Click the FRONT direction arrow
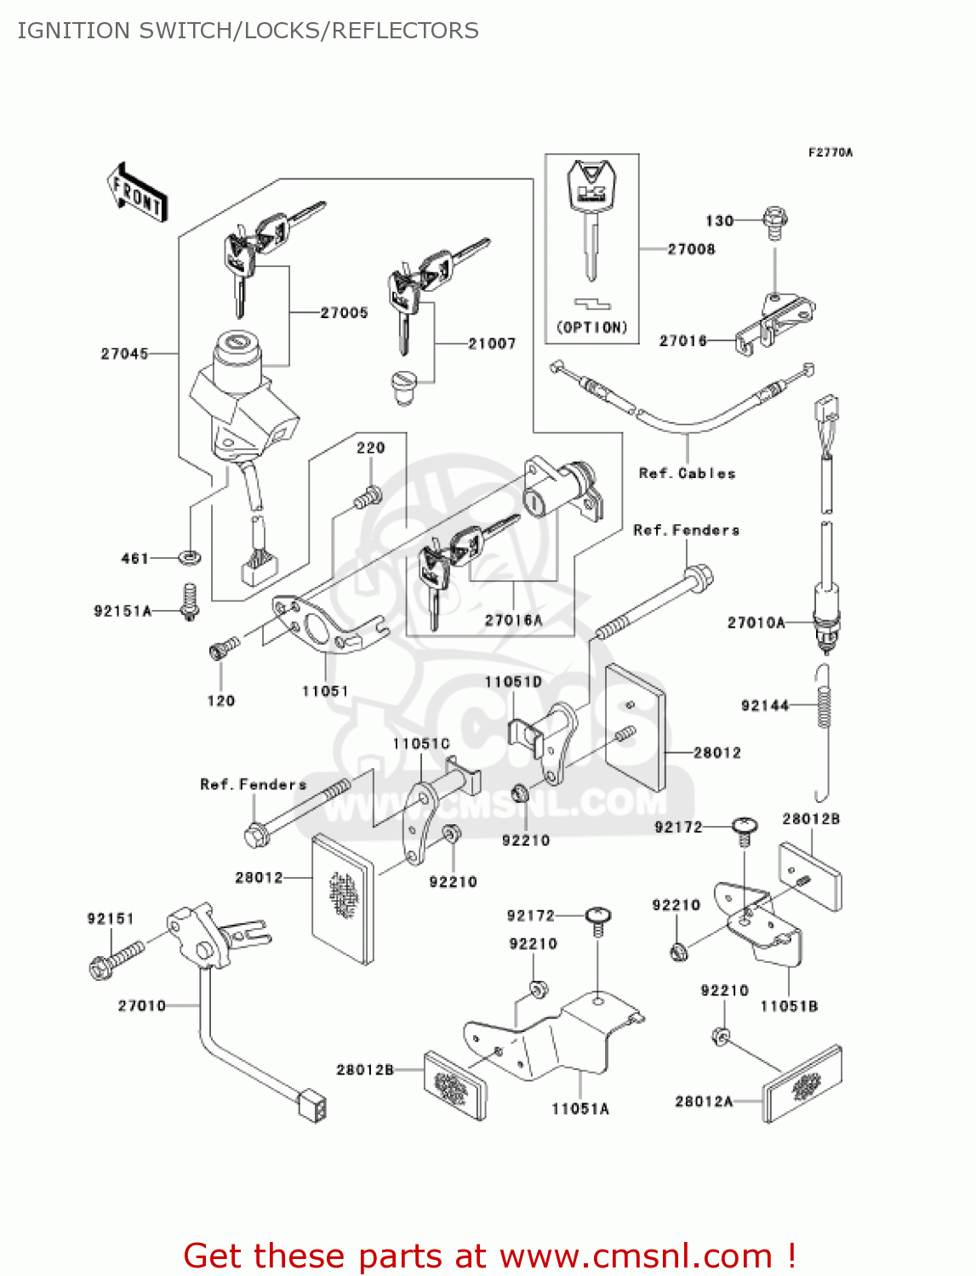[x=137, y=193]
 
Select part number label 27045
[x=124, y=354]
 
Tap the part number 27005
[x=344, y=313]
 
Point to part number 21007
[x=492, y=344]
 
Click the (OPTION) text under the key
[x=592, y=328]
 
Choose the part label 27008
[x=691, y=249]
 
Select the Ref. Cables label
[x=687, y=474]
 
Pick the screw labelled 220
[x=368, y=498]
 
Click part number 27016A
[x=513, y=621]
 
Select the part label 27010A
[x=756, y=623]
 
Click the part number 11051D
[x=513, y=682]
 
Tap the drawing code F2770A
[x=830, y=153]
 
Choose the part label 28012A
[x=704, y=1102]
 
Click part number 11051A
[x=580, y=1109]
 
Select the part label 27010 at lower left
[x=141, y=1006]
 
